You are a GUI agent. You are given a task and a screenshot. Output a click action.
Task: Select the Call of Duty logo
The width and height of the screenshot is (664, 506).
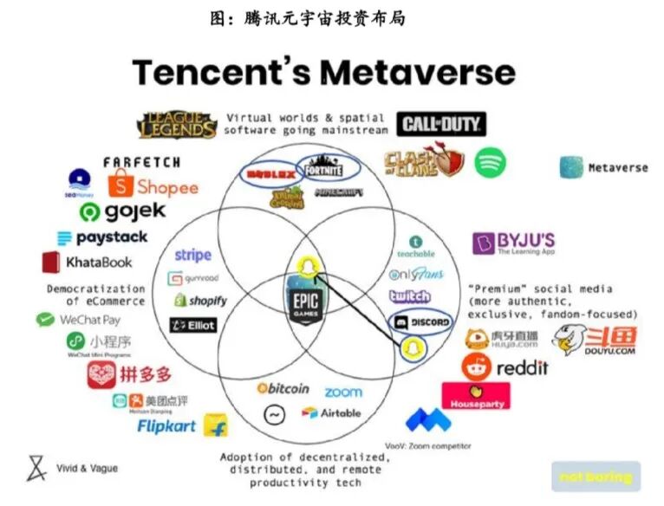coord(441,124)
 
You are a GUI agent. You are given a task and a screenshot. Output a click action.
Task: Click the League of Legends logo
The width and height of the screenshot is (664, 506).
coord(177,125)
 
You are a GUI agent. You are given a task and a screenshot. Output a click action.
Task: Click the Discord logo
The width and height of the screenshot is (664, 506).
coord(421,322)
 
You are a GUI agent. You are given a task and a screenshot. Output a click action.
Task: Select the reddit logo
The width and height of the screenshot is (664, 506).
coord(505,367)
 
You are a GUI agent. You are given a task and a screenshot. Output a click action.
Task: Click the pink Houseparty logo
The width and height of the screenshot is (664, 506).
coord(475,396)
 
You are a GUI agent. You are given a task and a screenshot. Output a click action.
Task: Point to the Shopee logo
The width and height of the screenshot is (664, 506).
coord(153,185)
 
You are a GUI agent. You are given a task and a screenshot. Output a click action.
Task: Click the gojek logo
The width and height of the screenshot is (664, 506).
coord(122,211)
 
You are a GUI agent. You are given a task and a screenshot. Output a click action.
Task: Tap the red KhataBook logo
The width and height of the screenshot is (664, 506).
coord(87,262)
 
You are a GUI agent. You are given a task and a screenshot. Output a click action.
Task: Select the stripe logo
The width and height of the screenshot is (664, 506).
coord(192,255)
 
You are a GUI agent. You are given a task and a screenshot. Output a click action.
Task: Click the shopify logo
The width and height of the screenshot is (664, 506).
coord(200,301)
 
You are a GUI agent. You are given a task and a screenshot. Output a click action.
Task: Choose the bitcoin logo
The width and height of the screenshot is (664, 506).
coord(283,388)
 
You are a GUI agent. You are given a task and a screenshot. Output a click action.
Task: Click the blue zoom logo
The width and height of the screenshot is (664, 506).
coord(343,392)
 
